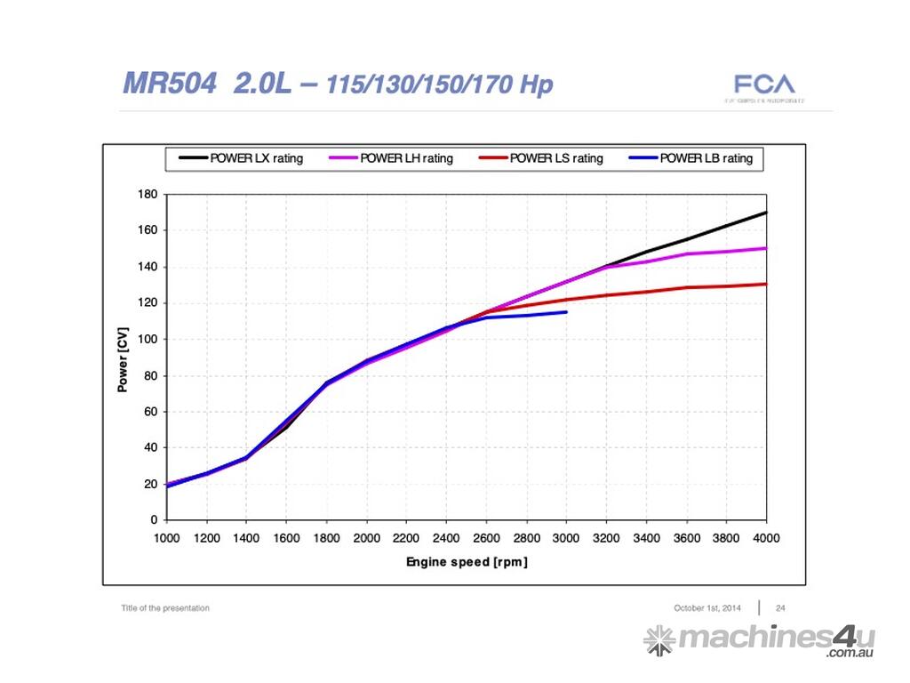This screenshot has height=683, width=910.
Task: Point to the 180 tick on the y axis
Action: pos(148,194)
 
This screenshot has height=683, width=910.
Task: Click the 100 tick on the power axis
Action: pos(148,339)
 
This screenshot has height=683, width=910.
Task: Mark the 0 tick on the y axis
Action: pos(154,520)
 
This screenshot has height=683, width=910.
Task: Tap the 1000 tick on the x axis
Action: pos(166,537)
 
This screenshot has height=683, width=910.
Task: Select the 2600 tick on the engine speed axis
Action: pos(486,537)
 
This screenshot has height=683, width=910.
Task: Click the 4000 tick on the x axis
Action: pos(766,537)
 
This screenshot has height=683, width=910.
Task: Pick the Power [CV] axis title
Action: pos(123,357)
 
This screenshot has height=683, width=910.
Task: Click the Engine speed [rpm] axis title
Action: pos(467,562)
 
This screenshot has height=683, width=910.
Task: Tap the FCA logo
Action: pos(764,85)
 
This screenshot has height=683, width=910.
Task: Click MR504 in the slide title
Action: pos(169,84)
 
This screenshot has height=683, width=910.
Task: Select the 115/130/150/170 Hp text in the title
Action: pos(440,85)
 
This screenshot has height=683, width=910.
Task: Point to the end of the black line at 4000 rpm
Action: pos(765,213)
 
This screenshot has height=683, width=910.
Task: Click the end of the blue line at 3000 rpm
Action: pos(566,312)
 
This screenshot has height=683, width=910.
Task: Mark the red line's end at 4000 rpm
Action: pos(765,285)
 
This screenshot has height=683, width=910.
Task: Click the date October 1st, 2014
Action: pos(707,608)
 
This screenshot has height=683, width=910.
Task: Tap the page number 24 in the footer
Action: pos(780,608)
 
